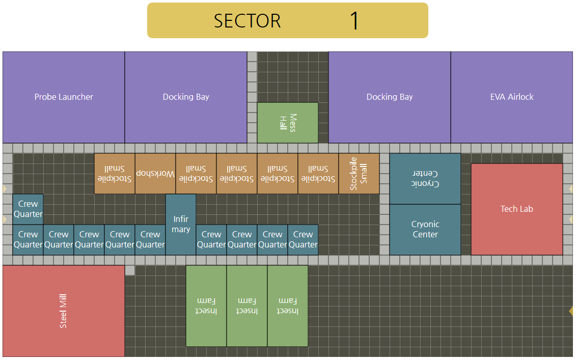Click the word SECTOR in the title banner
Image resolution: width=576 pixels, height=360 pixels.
tap(247, 21)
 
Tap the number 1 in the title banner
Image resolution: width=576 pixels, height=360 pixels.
tap(354, 21)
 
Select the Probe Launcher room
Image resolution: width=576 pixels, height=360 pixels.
tap(64, 97)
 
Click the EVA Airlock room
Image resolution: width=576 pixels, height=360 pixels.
tap(512, 97)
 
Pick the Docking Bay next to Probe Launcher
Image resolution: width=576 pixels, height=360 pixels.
tap(186, 97)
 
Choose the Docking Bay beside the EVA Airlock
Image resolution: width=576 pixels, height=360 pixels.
tap(390, 97)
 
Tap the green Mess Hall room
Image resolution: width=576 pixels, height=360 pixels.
tap(288, 123)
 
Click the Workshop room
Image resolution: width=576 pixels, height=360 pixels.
tap(155, 174)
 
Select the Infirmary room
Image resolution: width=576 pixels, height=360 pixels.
tap(181, 224)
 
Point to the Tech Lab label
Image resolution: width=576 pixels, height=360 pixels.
tap(516, 209)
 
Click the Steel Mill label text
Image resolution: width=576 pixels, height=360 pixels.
tap(63, 311)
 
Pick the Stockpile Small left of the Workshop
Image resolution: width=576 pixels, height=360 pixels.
tap(115, 174)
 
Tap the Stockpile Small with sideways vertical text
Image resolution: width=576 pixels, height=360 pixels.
tap(359, 174)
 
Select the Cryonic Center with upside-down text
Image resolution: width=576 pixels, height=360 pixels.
tap(425, 179)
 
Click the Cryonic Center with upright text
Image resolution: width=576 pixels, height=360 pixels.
tap(425, 229)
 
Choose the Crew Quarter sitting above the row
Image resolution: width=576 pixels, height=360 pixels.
tap(28, 209)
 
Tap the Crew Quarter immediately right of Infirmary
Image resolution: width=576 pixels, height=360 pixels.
tap(211, 239)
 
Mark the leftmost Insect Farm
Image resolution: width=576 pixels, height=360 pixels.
tap(206, 306)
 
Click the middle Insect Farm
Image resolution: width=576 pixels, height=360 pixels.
tap(247, 306)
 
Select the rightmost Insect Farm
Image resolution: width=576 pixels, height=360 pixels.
tap(288, 306)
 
